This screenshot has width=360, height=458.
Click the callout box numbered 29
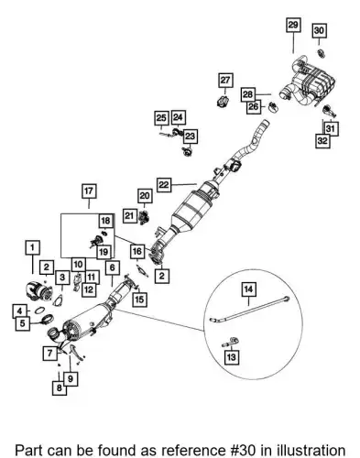pyautogui.click(x=293, y=25)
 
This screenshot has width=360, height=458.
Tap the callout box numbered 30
pyautogui.click(x=319, y=30)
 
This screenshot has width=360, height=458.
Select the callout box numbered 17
pyautogui.click(x=89, y=191)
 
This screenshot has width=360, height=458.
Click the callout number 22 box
pyautogui.click(x=164, y=184)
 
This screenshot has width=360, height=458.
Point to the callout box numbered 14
pyautogui.click(x=249, y=289)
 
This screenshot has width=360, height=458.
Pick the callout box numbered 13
pyautogui.click(x=232, y=356)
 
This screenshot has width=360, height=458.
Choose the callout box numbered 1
pyautogui.click(x=33, y=247)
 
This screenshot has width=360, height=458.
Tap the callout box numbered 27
pyautogui.click(x=225, y=81)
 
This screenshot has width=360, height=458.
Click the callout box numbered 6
pyautogui.click(x=113, y=267)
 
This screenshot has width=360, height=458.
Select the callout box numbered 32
pyautogui.click(x=322, y=141)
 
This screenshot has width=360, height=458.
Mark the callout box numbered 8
pyautogui.click(x=60, y=387)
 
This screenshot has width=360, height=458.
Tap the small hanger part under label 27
pyautogui.click(x=224, y=102)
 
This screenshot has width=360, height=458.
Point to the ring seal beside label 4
pyautogui.click(x=38, y=311)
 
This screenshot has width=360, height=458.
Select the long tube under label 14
pyautogui.click(x=249, y=310)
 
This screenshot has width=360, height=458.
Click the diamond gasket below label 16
pyautogui.click(x=142, y=271)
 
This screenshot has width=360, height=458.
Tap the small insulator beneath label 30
pyautogui.click(x=321, y=53)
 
